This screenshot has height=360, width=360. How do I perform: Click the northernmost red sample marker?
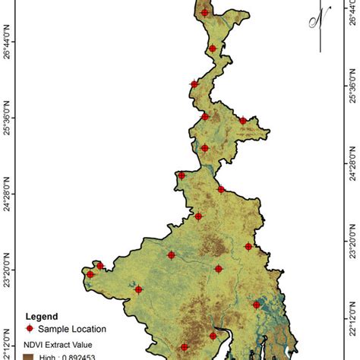(205, 11)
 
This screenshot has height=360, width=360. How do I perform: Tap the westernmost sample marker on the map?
(90, 274)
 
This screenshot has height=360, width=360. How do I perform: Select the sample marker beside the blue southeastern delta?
(257, 305)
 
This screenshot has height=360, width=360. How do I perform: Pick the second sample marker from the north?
(213, 49)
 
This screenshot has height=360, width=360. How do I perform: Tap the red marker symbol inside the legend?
(30, 329)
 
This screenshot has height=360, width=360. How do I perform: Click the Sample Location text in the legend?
(71, 329)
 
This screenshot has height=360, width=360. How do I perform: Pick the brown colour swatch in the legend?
(30, 356)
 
